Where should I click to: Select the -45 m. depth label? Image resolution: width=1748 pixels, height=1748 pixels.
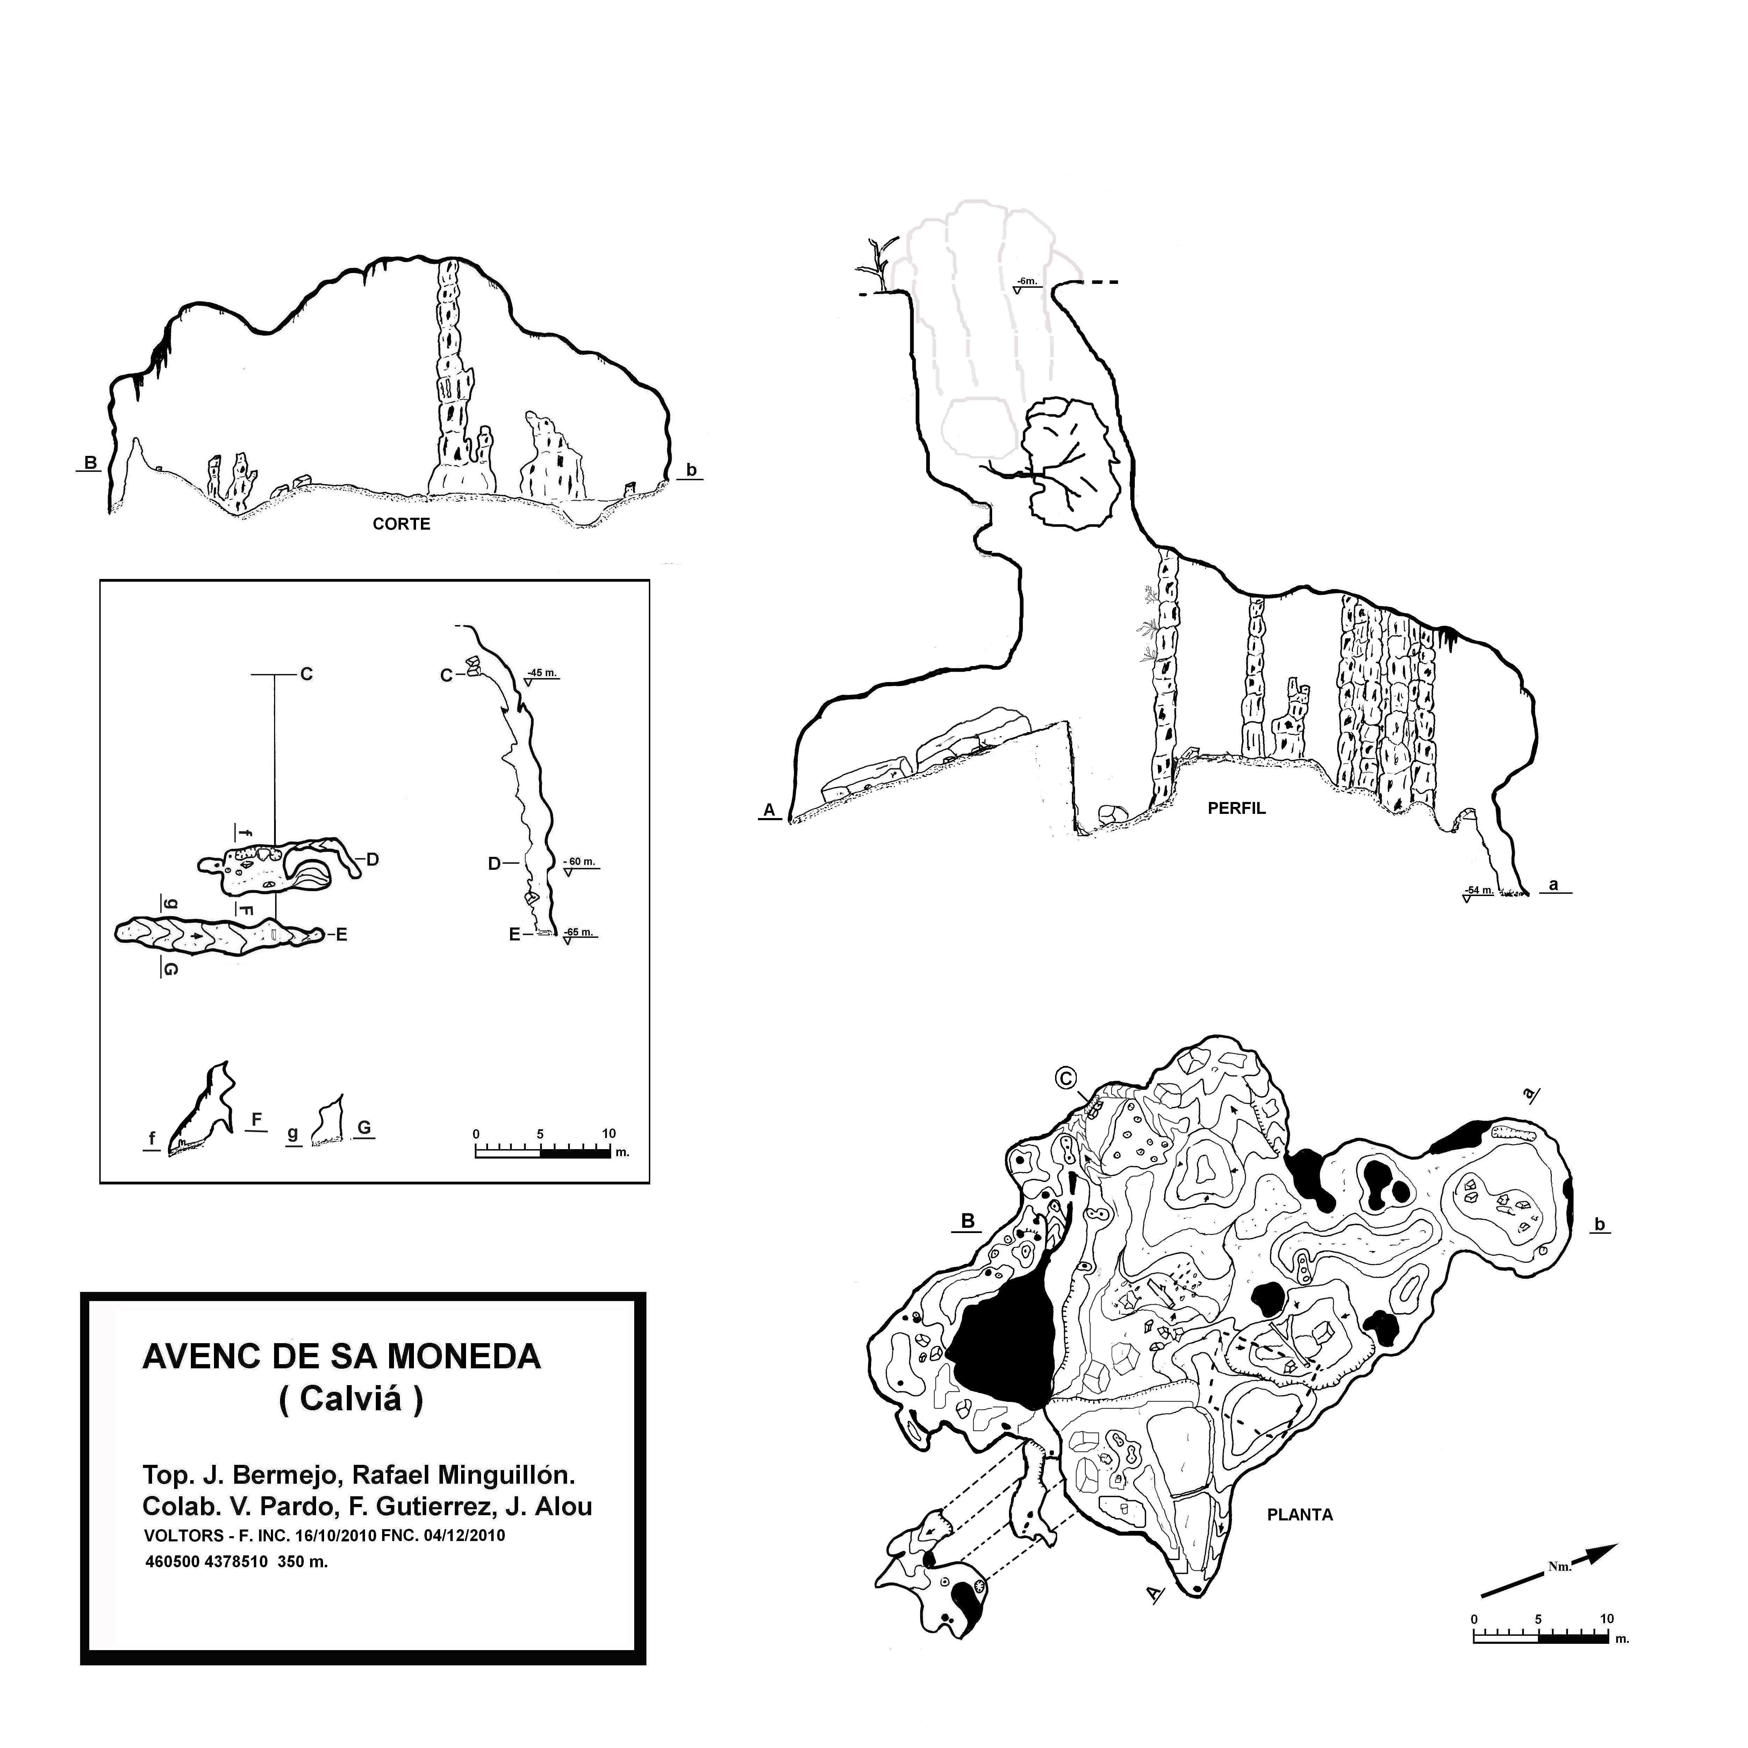click(x=542, y=673)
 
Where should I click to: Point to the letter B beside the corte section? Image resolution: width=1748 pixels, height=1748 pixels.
click(x=91, y=463)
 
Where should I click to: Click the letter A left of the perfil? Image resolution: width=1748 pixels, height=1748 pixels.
click(x=770, y=811)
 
